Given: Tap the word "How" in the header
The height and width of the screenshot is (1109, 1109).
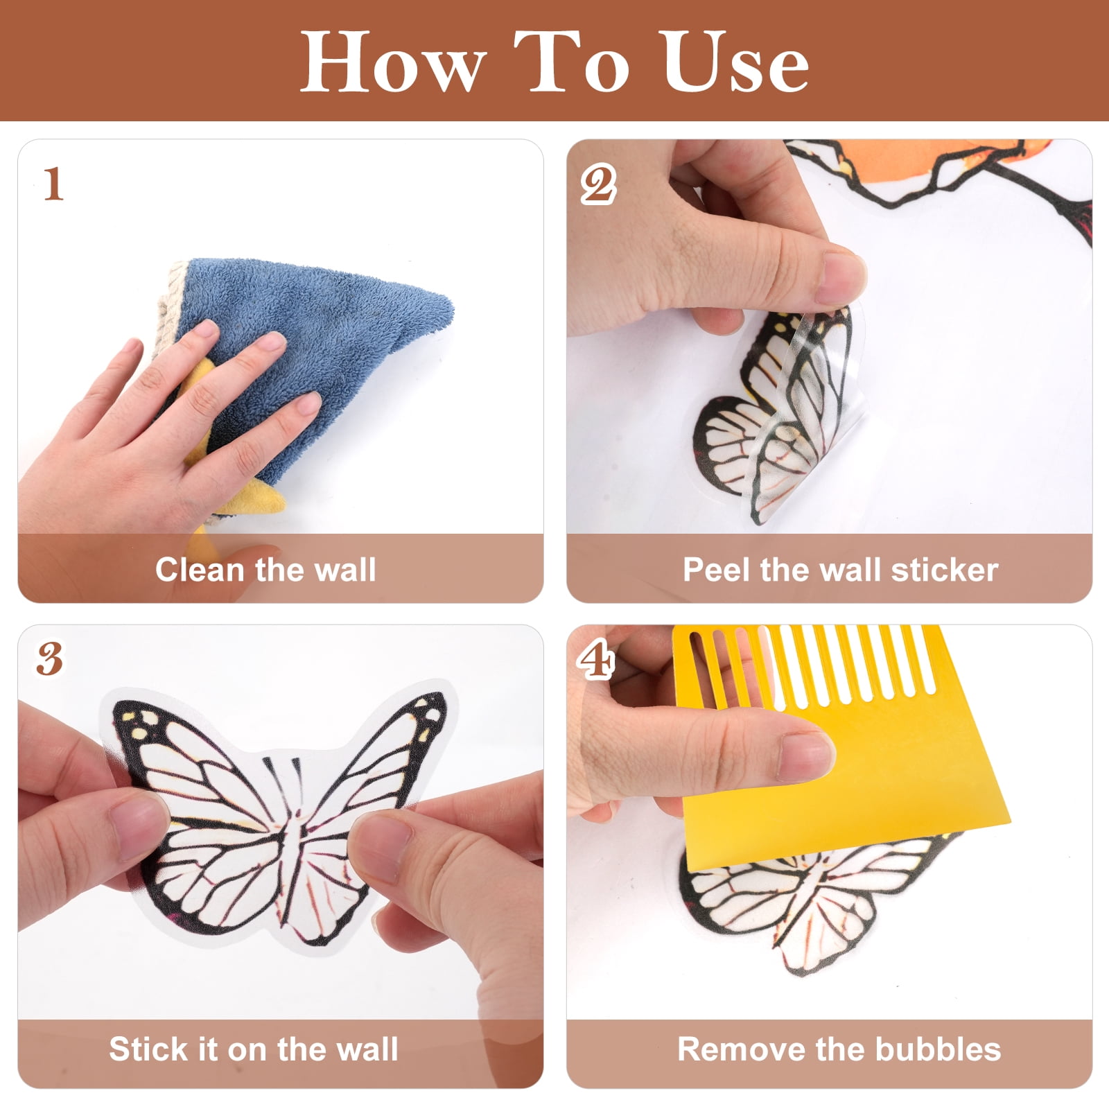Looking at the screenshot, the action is [392, 62].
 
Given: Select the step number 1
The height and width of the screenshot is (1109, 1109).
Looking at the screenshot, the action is [53, 184].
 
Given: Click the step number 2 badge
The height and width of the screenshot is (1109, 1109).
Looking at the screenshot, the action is [598, 184].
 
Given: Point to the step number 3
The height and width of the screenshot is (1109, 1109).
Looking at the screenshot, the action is [50, 659].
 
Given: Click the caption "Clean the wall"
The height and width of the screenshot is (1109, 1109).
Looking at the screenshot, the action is [265, 570].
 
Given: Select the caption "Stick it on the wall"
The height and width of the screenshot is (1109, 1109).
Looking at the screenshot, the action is [254, 1049].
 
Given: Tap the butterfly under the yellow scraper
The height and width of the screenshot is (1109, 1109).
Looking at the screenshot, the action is [804, 901].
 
